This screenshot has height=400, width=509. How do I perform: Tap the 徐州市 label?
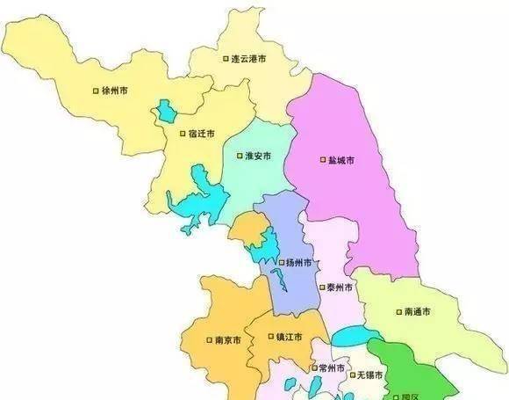(x=115, y=91)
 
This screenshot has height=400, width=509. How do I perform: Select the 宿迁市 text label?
(x=200, y=134)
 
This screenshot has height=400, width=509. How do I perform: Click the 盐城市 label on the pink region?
(x=341, y=161)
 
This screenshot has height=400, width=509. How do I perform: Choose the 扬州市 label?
(x=298, y=263)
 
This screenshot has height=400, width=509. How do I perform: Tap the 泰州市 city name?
(x=339, y=287)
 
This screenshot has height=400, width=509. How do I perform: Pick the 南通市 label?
(x=419, y=311)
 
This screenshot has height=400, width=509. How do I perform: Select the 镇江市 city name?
(x=288, y=338)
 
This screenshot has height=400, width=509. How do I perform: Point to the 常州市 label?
(x=331, y=367)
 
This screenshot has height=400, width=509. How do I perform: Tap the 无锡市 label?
(x=372, y=375)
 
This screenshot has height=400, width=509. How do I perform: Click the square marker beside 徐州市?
(x=96, y=91)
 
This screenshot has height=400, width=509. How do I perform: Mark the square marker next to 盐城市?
(x=321, y=161)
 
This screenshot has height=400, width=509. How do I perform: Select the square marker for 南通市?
(x=400, y=311)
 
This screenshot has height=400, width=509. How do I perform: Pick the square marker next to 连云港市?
(x=224, y=59)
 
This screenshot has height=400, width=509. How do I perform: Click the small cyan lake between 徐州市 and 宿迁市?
(x=164, y=113)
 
